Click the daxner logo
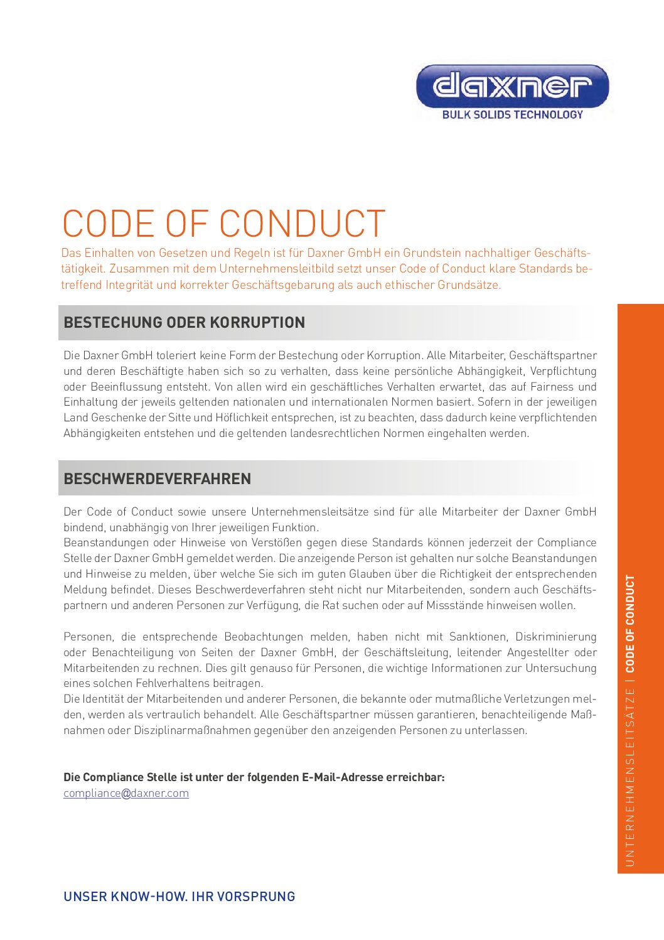512,87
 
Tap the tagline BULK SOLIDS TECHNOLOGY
512,115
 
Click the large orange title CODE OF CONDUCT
223,224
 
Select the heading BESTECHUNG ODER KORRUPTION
184,323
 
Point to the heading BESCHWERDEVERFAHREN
157,479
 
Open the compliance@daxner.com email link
126,793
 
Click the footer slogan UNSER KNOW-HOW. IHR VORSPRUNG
179,897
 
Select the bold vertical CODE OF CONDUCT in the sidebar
630,624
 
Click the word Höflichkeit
249,418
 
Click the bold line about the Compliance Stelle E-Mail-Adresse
254,777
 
